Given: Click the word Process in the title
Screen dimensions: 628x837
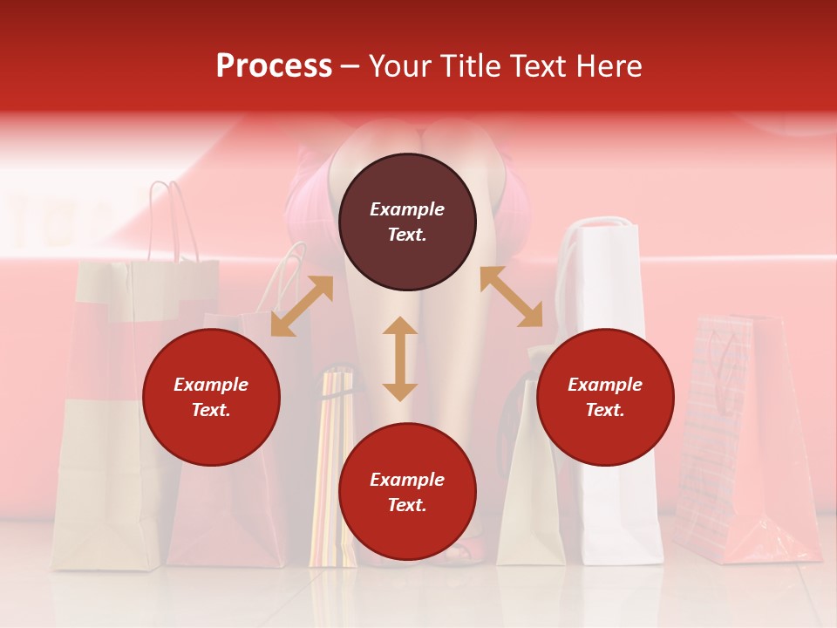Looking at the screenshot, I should (274, 65).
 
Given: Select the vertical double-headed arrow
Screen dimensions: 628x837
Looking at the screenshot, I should (400, 358).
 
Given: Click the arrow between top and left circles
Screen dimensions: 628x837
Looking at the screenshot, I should (302, 306).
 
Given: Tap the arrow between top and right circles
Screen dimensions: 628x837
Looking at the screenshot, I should (511, 297).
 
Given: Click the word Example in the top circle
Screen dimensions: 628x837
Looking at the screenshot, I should (407, 209).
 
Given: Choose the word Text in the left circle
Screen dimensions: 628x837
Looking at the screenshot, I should (211, 410).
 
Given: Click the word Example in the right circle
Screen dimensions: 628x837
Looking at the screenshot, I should (605, 385).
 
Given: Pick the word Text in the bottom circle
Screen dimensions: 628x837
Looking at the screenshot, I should (407, 505).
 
